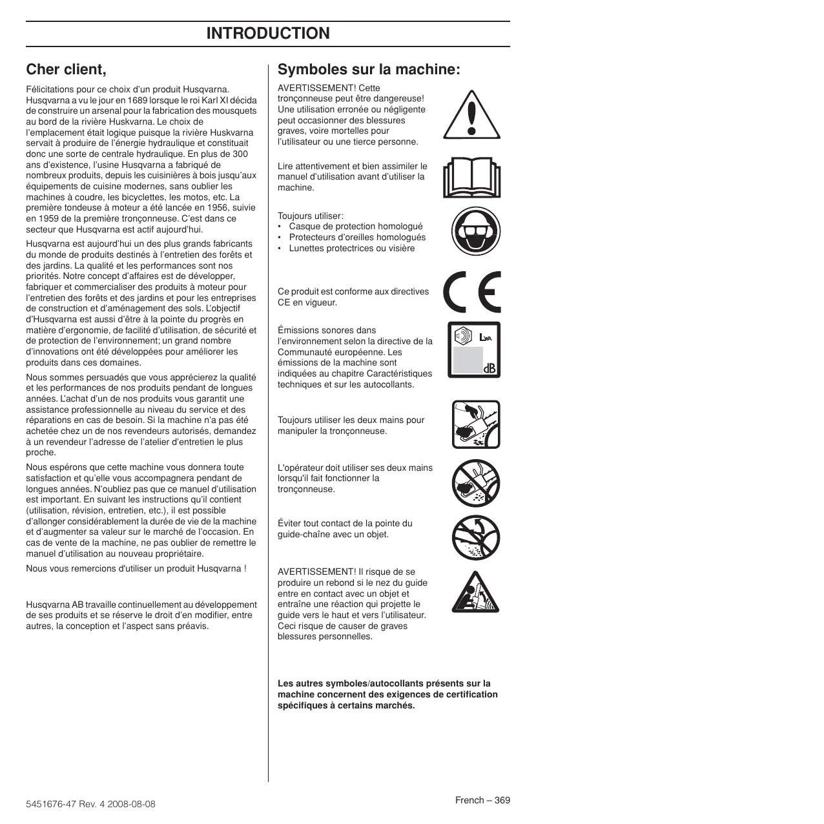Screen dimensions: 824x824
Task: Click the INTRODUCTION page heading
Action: [x=267, y=34]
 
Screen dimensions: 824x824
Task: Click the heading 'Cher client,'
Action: [x=66, y=69]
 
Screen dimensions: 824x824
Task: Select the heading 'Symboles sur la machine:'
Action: [x=369, y=70]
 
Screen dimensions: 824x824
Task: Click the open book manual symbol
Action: [x=472, y=178]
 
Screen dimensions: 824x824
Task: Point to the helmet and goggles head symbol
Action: [x=476, y=232]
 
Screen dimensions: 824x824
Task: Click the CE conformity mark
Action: [x=472, y=292]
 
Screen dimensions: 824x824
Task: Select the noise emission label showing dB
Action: [x=474, y=349]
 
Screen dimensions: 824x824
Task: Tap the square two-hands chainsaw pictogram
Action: [x=476, y=424]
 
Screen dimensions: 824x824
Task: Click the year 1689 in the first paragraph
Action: [x=138, y=100]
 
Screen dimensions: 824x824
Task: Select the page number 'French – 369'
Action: [x=482, y=800]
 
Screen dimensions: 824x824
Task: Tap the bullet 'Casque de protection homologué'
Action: [x=356, y=227]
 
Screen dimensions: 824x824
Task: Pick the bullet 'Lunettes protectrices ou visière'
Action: [x=352, y=249]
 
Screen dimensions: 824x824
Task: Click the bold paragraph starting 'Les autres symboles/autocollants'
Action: [x=387, y=694]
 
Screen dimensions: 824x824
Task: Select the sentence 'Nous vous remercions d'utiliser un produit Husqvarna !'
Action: [x=136, y=569]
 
